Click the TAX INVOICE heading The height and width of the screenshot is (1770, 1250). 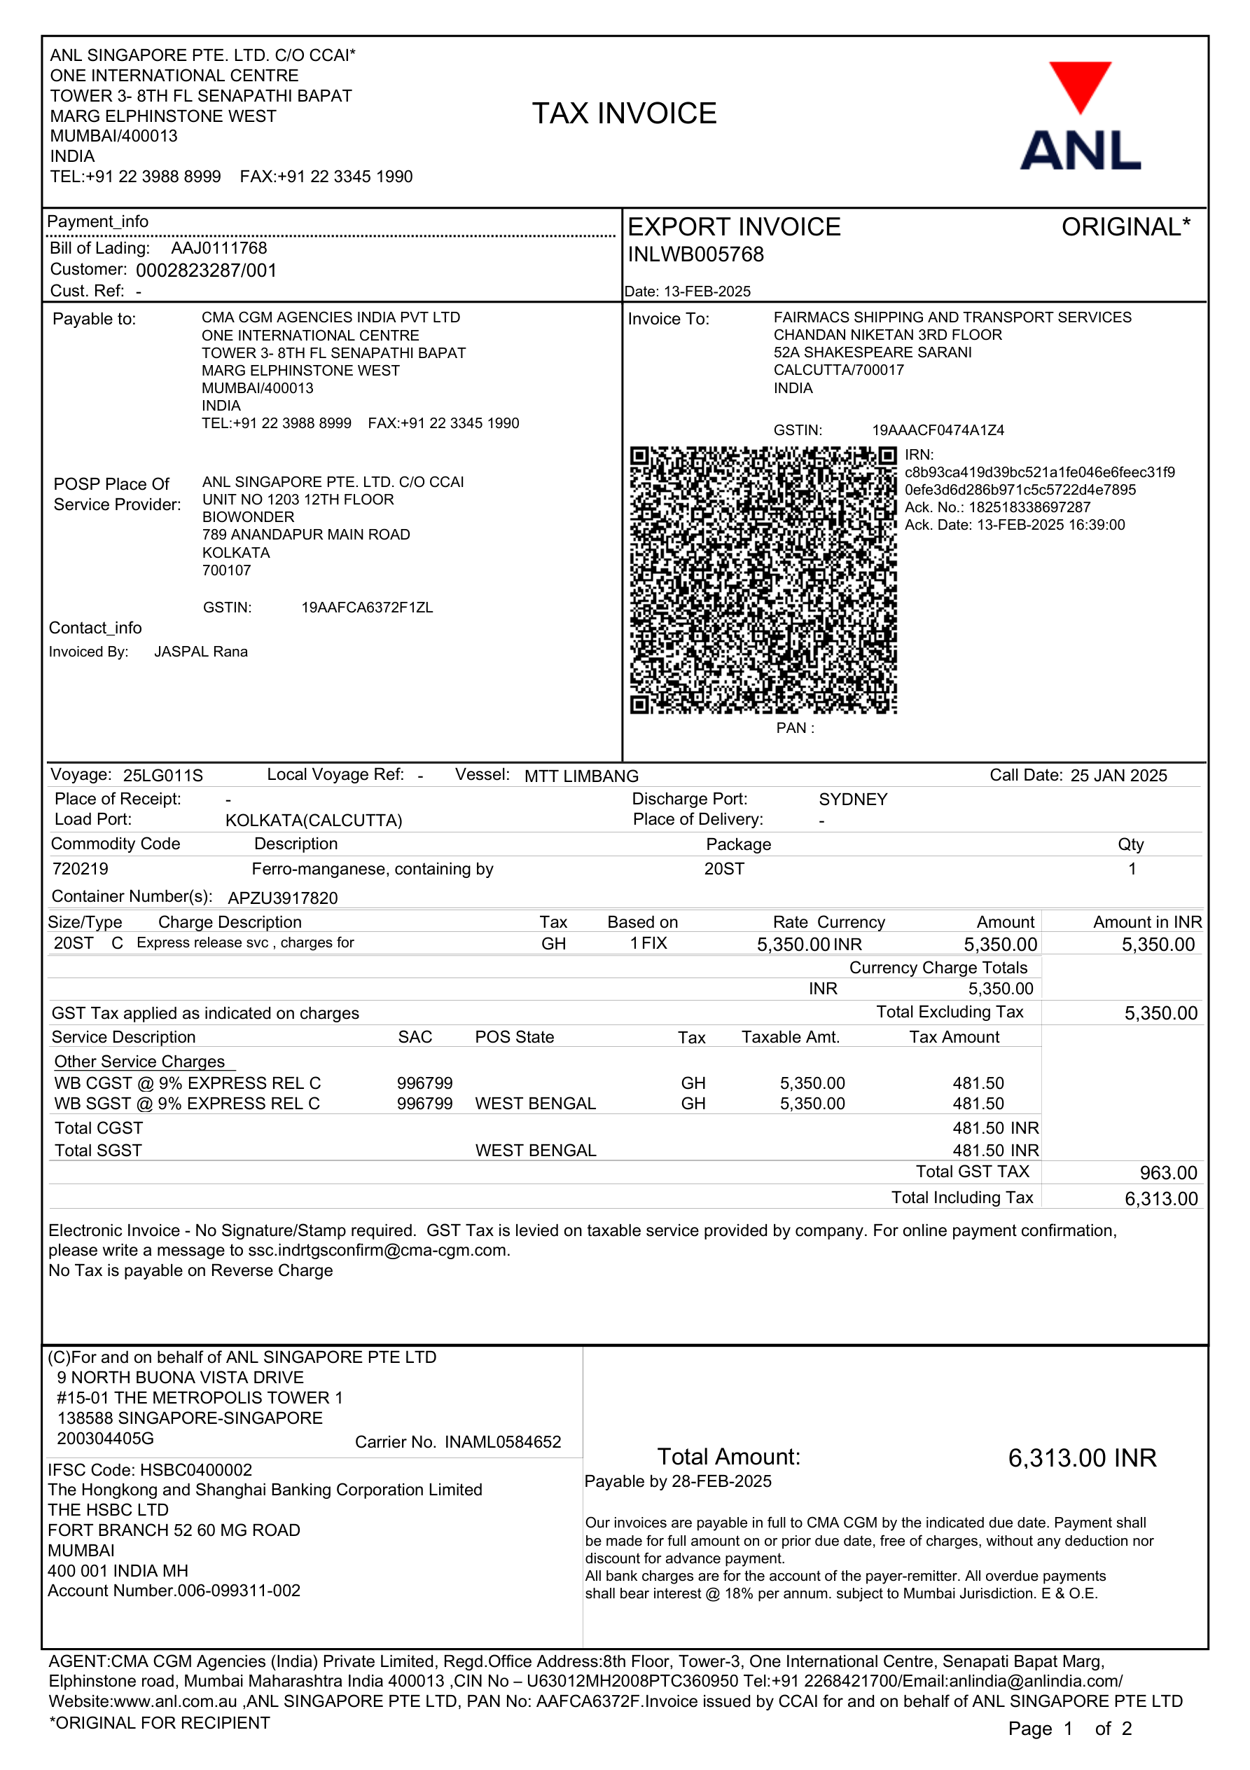(624, 114)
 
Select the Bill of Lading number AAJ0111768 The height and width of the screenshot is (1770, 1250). (219, 248)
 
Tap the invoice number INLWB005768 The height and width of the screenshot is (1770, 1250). (696, 255)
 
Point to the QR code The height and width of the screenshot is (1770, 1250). (763, 579)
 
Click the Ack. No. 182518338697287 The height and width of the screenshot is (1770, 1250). (1029, 507)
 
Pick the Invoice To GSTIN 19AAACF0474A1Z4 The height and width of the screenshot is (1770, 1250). (938, 430)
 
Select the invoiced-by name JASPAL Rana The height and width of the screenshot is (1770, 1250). (201, 652)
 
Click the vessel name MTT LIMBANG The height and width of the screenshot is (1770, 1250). (581, 776)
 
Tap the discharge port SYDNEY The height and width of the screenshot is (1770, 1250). (853, 800)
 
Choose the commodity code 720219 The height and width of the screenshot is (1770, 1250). (80, 869)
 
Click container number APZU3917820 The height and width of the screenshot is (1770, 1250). (283, 898)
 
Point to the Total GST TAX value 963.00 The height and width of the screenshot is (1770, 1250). (1168, 1173)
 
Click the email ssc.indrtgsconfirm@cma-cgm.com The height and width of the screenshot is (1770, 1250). (378, 1250)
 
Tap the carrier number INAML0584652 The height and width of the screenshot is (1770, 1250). (503, 1442)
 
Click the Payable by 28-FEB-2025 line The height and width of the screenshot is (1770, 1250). (678, 1482)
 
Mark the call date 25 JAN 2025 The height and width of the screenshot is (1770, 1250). (1118, 776)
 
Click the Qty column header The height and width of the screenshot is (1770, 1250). (1130, 844)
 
